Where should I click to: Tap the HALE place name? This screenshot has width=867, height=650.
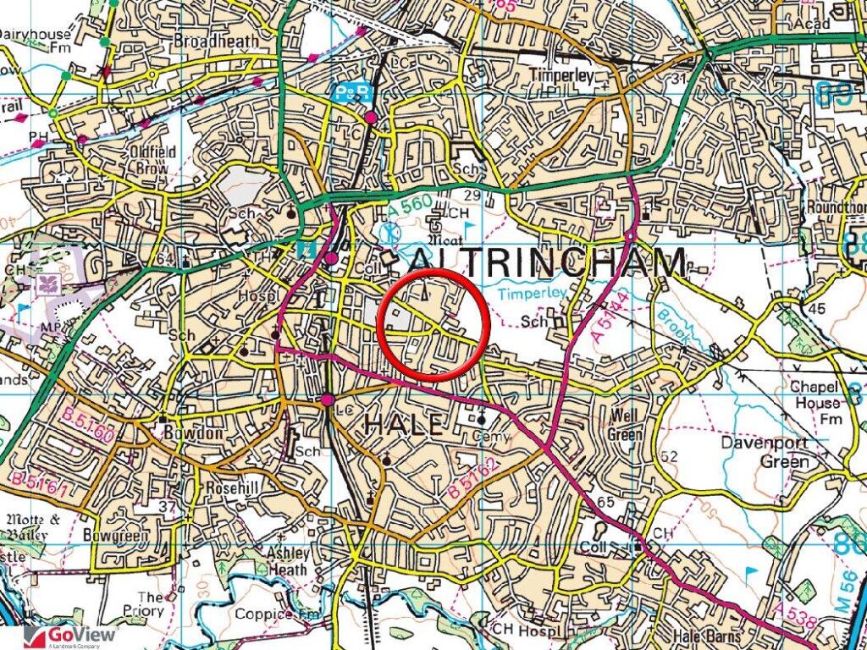403,424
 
